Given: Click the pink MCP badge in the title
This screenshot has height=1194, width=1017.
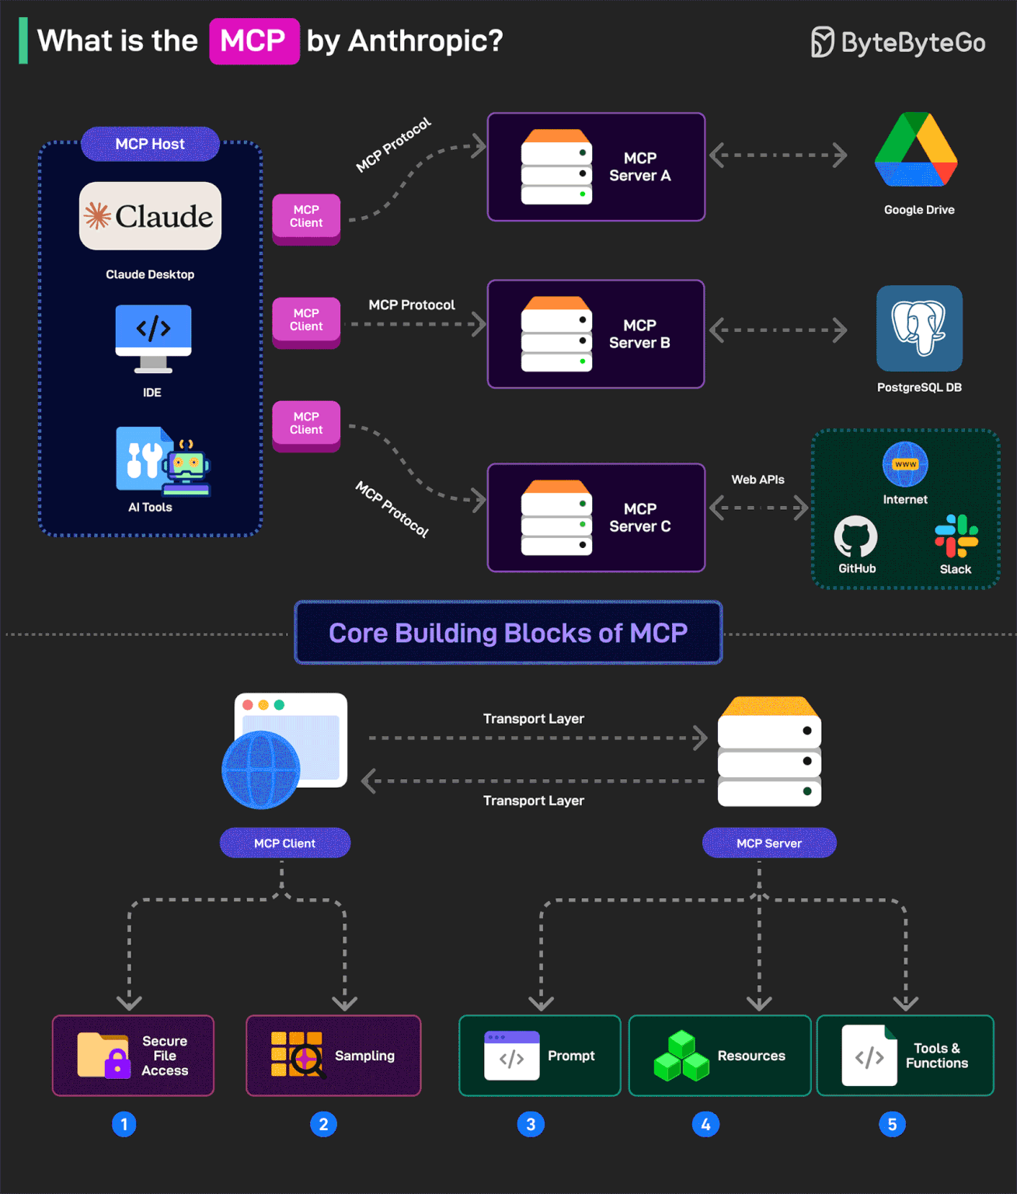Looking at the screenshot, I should point(254,41).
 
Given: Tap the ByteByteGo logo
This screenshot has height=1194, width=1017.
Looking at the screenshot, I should point(898,42).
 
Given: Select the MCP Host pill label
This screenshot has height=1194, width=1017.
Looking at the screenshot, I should point(150,144).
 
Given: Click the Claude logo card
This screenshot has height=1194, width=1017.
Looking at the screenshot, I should point(150,216).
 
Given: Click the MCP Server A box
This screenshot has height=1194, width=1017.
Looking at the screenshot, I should point(596,167).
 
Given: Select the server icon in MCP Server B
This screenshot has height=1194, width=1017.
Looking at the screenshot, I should point(556,334).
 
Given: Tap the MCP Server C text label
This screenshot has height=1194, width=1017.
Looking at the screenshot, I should point(639,518).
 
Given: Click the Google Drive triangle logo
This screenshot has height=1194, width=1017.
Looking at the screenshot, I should point(916,151).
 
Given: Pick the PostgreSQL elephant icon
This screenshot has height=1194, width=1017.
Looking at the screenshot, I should point(919,328).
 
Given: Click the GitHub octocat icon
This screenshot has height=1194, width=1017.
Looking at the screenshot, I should point(855,536).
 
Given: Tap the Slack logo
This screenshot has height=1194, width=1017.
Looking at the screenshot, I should point(956,536).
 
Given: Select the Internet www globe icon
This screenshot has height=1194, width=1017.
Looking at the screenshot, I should point(905,464).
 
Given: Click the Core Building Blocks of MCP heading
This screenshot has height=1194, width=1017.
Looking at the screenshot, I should point(508,633).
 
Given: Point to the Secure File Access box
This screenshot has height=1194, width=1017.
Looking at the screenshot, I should point(133,1056).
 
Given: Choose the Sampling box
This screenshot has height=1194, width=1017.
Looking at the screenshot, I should point(333,1056).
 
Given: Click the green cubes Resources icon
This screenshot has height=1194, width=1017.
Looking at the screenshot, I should point(681,1056).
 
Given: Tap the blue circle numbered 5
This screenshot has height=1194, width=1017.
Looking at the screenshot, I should point(892,1124).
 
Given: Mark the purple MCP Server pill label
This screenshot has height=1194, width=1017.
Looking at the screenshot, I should point(768,843).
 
